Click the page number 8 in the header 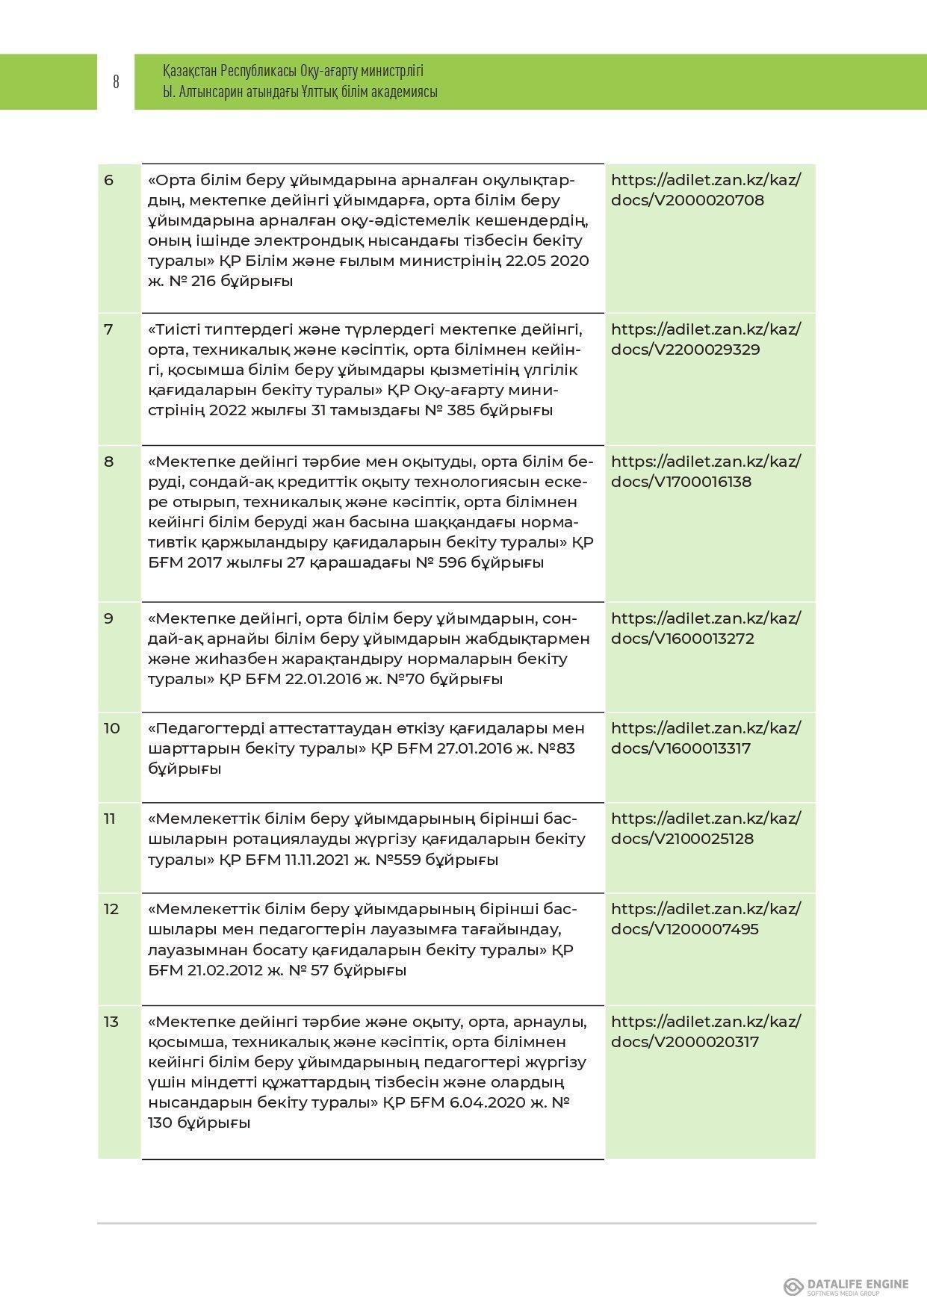click(x=116, y=82)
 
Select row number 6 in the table click(x=109, y=180)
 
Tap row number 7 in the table click(x=109, y=329)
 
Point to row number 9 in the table click(x=109, y=618)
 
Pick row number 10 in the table click(x=111, y=728)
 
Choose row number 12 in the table click(x=111, y=909)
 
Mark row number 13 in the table click(x=111, y=1022)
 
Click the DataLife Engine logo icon click(x=793, y=1286)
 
